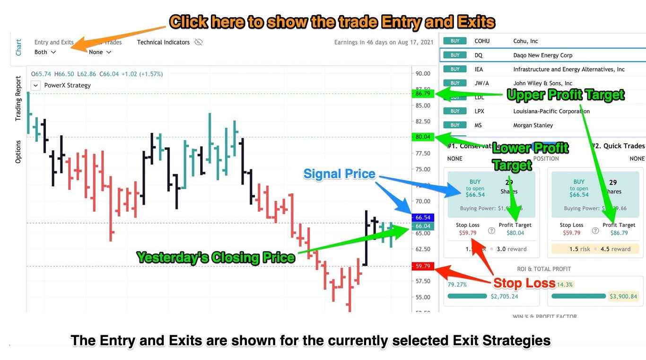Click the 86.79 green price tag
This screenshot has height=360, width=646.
click(x=423, y=93)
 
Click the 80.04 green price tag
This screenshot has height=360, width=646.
click(x=423, y=137)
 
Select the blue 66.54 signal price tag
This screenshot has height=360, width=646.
click(x=423, y=218)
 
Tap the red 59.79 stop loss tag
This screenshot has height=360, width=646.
click(x=423, y=266)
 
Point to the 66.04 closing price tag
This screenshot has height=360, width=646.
click(x=423, y=226)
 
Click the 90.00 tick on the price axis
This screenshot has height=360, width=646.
click(x=423, y=73)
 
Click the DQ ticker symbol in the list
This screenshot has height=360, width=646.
click(x=478, y=55)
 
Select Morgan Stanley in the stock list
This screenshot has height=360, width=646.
click(x=533, y=125)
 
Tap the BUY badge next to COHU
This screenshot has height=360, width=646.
click(x=455, y=41)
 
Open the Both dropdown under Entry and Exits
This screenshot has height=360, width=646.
click(x=45, y=52)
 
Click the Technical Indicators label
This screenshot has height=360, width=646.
click(x=163, y=42)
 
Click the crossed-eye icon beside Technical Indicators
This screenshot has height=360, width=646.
click(x=199, y=42)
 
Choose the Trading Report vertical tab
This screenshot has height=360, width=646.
click(x=18, y=99)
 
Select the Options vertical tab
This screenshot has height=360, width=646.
click(x=18, y=152)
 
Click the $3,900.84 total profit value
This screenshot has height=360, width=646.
click(x=623, y=297)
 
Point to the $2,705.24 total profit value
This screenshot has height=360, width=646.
click(x=504, y=297)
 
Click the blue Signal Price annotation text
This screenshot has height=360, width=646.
click(x=339, y=174)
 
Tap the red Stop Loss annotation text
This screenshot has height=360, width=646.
click(x=524, y=283)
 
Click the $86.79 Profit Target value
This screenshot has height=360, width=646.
click(x=619, y=233)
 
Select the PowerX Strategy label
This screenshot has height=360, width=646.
click(x=67, y=86)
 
